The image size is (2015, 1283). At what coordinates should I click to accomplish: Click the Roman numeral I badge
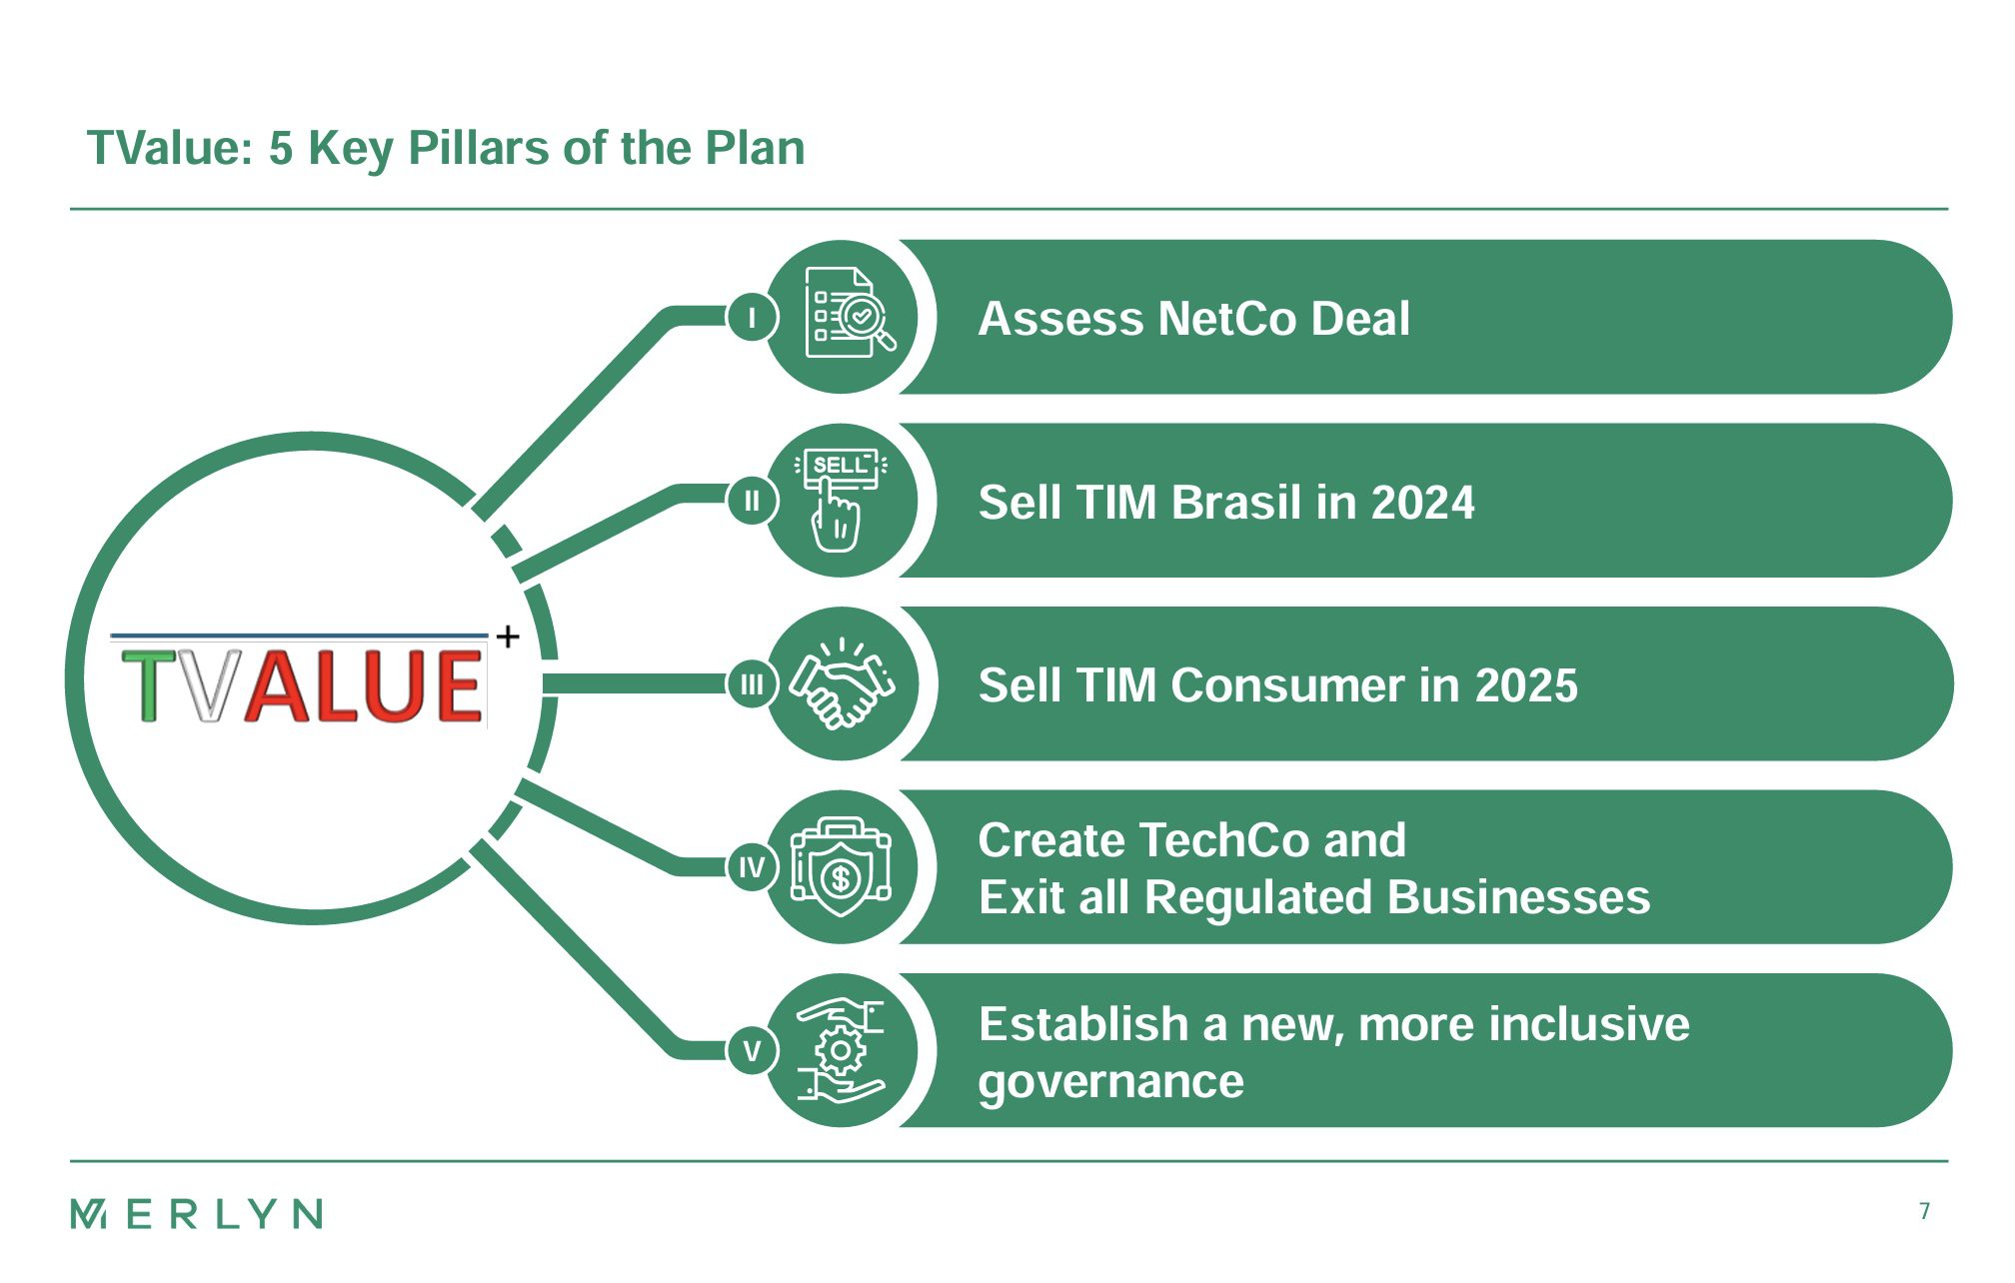click(752, 318)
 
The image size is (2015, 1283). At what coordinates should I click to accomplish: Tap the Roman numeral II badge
click(752, 501)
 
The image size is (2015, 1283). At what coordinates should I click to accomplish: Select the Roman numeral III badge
click(752, 684)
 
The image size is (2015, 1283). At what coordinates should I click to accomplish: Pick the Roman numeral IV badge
click(752, 867)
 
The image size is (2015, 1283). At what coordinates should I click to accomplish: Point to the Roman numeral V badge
click(752, 1051)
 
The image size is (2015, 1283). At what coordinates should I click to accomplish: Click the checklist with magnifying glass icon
click(849, 312)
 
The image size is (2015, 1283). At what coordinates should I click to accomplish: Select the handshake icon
click(842, 683)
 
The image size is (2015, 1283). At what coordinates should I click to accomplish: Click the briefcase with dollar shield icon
click(841, 866)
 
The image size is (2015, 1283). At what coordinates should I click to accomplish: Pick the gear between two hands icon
click(841, 1050)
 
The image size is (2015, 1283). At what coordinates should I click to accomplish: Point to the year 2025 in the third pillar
click(1526, 685)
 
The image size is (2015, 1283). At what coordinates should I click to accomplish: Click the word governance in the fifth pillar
click(1111, 1082)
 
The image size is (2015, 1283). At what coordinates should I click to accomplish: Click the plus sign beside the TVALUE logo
click(508, 637)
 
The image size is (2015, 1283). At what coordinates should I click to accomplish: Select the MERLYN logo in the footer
click(197, 1214)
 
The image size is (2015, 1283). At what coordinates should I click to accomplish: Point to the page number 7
click(1924, 1211)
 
